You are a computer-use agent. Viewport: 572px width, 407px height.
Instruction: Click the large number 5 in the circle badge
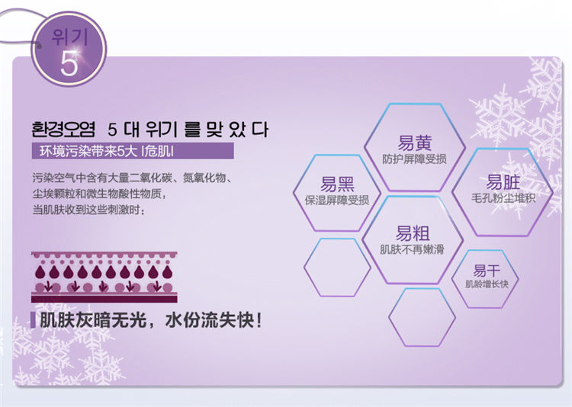coord(69,63)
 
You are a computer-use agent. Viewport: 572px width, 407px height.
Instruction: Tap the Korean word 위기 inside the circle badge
coord(69,37)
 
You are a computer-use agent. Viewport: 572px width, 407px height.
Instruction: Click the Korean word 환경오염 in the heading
coord(63,129)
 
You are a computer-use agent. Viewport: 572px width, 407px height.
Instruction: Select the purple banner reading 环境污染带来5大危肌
coord(133,151)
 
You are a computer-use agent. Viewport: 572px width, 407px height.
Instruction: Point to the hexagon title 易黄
coord(414,143)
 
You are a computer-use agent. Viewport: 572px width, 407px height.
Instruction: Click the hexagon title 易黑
coord(337,184)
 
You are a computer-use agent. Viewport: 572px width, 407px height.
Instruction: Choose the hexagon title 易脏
coord(503,182)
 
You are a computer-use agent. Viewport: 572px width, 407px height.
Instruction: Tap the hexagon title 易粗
coord(413,233)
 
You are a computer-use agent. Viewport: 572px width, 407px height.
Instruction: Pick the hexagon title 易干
coord(487,271)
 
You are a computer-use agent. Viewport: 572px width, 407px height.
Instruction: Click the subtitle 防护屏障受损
coord(414,159)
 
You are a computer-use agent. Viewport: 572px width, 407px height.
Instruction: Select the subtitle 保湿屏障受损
coord(336,200)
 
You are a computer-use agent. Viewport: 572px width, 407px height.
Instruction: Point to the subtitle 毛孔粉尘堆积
coord(503,198)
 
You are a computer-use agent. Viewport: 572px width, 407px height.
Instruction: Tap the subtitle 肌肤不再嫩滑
coord(412,249)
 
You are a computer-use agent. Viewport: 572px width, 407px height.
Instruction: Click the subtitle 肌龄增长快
coord(487,284)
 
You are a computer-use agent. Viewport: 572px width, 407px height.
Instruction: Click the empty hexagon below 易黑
coord(337,268)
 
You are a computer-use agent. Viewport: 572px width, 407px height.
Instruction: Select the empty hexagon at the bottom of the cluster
coord(422,317)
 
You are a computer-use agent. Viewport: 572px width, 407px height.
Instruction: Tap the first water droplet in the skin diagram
coord(40,271)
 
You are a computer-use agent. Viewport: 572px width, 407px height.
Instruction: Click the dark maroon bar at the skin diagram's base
coord(104,299)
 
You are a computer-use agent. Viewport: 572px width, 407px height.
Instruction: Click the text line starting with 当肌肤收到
coord(88,210)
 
